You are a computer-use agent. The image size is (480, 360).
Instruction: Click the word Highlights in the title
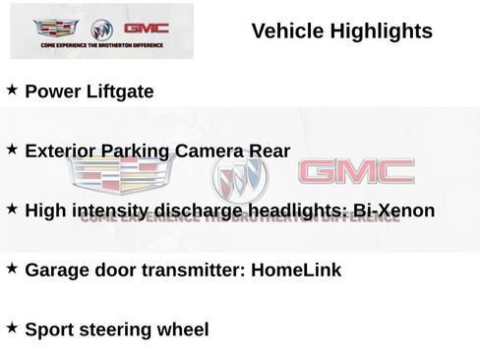(380, 31)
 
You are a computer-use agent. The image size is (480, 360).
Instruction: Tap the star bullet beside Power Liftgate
(12, 90)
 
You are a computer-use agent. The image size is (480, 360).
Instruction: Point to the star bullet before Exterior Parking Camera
(12, 150)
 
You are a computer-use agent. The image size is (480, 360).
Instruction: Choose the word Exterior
(62, 151)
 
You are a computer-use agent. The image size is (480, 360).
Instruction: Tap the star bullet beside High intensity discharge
(12, 209)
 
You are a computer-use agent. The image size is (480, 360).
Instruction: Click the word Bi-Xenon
(393, 210)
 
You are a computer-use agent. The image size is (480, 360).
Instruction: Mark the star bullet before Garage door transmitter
(12, 268)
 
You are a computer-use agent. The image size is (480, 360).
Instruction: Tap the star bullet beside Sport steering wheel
(12, 327)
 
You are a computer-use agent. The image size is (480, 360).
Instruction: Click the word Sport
(50, 330)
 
